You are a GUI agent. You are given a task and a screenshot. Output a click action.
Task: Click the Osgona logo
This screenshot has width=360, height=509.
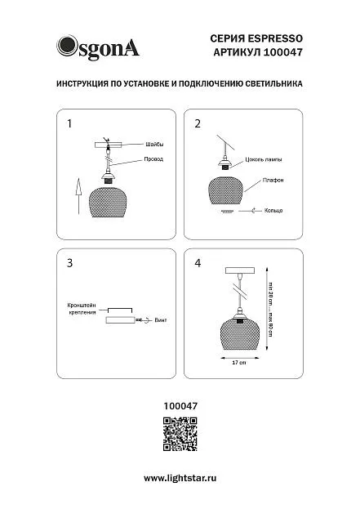[98, 48]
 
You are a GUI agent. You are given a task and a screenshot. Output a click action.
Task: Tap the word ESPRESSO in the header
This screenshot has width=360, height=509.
[275, 38]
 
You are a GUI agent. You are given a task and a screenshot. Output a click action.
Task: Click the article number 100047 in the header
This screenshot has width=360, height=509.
[282, 52]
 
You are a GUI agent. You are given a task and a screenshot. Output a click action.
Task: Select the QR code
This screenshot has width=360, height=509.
[180, 434]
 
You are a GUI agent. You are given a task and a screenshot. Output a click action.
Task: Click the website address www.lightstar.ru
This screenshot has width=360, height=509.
[180, 478]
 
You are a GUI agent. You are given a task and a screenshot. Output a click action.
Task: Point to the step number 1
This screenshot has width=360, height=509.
[69, 123]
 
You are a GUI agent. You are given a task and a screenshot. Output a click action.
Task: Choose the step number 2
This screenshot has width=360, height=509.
[198, 123]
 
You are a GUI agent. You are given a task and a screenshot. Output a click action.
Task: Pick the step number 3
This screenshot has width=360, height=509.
[69, 263]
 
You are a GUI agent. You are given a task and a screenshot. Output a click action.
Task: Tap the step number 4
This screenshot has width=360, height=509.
[198, 263]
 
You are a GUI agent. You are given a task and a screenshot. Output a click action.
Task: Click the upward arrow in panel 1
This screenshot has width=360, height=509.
[78, 196]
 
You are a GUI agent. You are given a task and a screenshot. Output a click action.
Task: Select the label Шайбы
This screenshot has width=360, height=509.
[154, 145]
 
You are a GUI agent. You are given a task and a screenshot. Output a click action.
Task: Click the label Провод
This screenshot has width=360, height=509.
[153, 159]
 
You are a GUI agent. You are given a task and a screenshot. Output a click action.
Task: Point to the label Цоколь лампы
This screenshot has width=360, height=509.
[264, 159]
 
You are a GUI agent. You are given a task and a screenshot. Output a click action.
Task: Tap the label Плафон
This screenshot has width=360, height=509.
[273, 181]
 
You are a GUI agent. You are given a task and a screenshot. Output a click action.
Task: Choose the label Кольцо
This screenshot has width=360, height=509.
[273, 211]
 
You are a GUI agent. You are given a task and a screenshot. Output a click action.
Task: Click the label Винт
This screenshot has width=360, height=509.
[161, 320]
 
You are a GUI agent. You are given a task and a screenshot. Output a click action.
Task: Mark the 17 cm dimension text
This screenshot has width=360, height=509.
[239, 363]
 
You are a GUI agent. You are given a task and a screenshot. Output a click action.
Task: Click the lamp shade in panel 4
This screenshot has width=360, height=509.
[240, 333]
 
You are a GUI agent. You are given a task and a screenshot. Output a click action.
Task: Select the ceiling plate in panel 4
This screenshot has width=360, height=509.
[240, 270]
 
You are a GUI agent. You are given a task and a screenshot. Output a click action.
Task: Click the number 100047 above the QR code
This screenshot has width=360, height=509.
[180, 406]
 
